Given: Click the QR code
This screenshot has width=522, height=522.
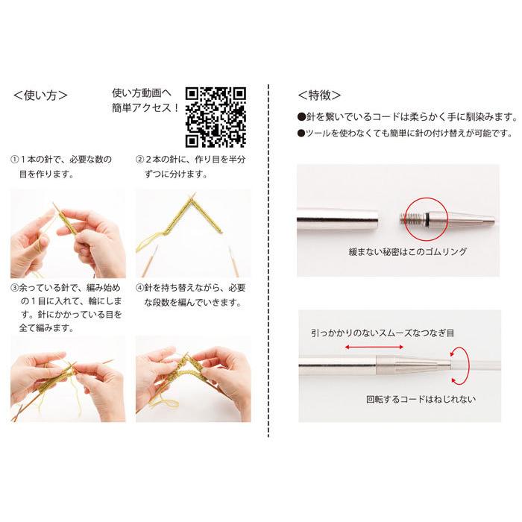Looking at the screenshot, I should (216, 116).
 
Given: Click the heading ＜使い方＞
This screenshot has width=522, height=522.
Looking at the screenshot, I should (41, 95).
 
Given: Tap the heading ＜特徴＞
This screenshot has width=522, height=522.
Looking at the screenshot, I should (319, 95).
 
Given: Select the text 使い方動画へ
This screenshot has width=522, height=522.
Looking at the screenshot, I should (142, 93).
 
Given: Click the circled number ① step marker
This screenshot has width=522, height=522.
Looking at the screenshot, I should (14, 160).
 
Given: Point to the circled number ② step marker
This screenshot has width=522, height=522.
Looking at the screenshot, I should (139, 160).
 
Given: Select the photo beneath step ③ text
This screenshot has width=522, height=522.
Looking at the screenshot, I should (68, 378).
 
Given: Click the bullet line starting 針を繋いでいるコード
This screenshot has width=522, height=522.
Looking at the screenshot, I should (406, 116).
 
